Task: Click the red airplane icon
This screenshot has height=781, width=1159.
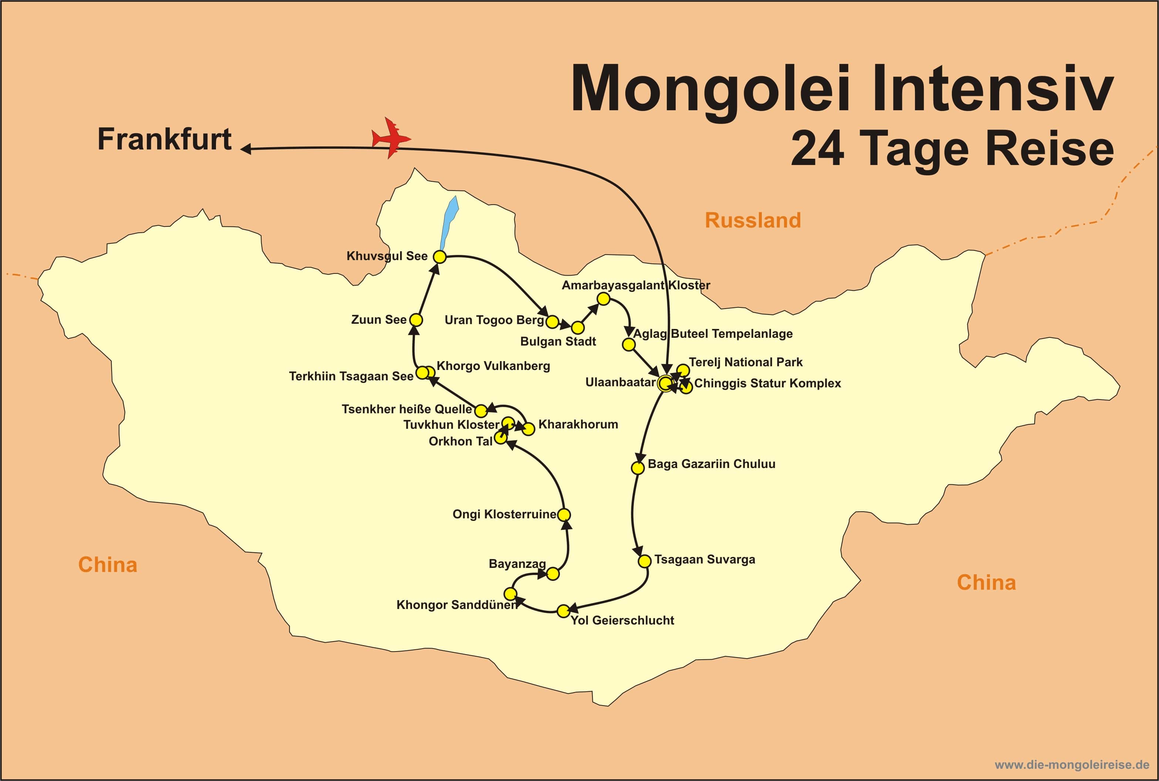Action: [391, 138]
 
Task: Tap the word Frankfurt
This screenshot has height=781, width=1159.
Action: [164, 139]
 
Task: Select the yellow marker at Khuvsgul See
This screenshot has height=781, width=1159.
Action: [439, 256]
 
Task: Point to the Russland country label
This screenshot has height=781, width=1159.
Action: [752, 220]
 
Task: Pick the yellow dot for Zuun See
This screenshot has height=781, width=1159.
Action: [416, 320]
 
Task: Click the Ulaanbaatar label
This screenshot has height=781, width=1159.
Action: [620, 382]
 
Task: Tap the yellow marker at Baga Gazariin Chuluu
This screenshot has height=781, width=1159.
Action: [637, 468]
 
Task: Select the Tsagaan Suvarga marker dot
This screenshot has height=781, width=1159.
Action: [644, 561]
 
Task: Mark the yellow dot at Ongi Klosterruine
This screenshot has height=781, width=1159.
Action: [564, 515]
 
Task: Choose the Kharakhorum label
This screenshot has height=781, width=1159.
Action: [578, 424]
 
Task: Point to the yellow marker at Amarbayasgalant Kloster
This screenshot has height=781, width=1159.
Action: [604, 299]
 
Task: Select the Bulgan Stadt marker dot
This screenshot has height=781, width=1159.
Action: [578, 328]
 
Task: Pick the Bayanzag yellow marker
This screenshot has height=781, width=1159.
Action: [553, 574]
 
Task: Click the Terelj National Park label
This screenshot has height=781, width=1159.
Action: [745, 362]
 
